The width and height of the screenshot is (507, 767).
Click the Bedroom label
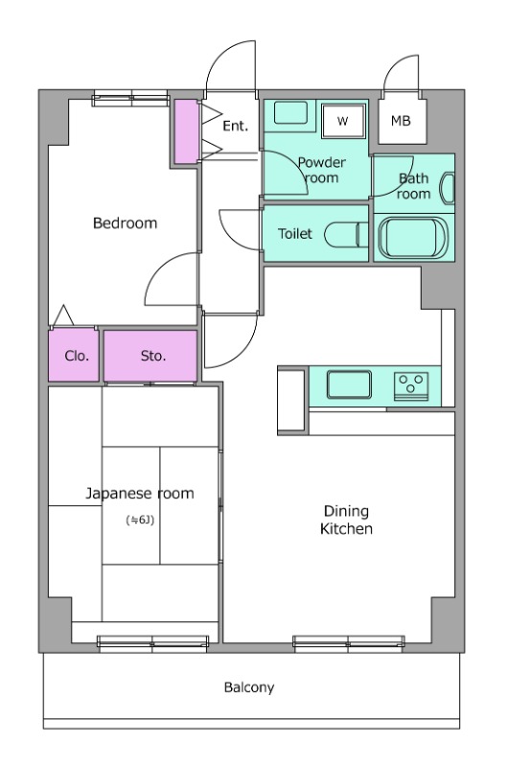126,223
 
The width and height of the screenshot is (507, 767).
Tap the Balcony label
249,687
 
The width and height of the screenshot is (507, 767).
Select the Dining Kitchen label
346,520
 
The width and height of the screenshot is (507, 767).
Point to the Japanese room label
140,493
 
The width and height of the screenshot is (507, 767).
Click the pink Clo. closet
74,355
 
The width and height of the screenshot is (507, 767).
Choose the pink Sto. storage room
150,356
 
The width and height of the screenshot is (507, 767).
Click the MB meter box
403,122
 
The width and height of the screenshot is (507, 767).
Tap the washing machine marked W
343,121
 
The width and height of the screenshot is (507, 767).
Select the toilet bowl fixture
347,235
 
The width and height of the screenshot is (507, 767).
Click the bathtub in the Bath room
414,237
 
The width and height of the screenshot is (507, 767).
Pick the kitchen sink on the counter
349,384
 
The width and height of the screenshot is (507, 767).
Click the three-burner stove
411,385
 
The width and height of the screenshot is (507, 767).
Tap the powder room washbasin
290,113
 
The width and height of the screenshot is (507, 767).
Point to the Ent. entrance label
235,127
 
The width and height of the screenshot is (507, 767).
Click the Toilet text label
295,234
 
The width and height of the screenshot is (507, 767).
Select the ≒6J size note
140,520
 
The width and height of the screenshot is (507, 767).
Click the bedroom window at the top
131,99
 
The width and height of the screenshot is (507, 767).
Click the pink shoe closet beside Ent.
187,131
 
